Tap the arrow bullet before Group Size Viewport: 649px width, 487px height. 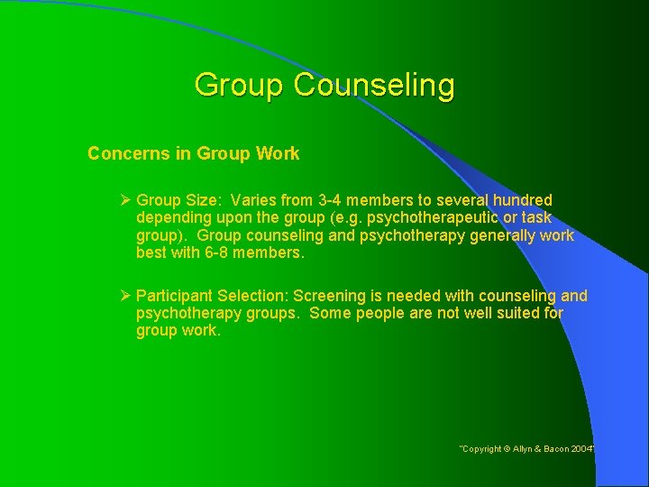(x=126, y=199)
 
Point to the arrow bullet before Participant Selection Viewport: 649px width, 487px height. (x=126, y=296)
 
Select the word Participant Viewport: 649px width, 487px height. (x=175, y=296)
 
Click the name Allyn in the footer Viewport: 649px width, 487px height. (x=528, y=448)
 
